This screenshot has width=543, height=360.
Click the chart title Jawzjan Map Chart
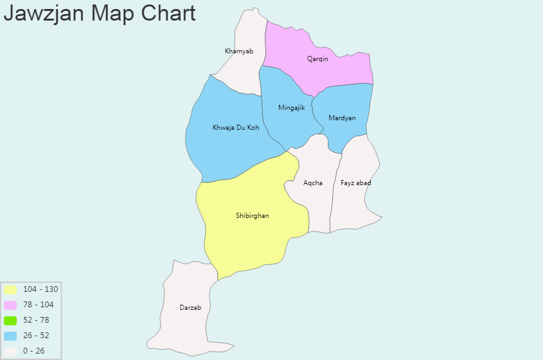pos(100,13)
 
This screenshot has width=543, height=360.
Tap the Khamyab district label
pos(239,51)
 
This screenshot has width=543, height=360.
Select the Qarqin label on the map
pos(317,59)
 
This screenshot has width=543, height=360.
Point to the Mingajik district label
pos(291,108)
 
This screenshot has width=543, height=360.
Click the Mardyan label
pos(342,118)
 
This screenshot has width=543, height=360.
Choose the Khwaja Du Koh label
pos(236,128)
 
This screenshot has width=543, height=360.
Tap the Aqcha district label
pos(313,183)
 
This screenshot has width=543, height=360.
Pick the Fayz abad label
pos(356,183)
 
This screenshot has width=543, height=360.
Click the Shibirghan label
pos(253,216)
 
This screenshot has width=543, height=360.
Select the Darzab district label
pos(190,308)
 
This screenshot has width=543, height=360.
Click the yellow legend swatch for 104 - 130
pos(10,289)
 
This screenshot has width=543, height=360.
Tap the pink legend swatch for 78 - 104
pos(10,305)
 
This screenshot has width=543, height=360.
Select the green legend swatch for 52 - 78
pos(10,320)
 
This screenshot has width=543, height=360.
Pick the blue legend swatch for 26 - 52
pos(10,336)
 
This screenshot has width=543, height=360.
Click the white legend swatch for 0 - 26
pos(10,351)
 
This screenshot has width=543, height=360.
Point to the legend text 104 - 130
pos(40,289)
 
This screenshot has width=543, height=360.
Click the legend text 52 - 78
pos(36,320)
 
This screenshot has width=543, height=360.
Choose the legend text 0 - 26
pos(34,351)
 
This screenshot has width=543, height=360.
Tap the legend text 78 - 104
pos(39,305)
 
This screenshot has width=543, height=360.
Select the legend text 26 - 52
pos(36,336)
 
